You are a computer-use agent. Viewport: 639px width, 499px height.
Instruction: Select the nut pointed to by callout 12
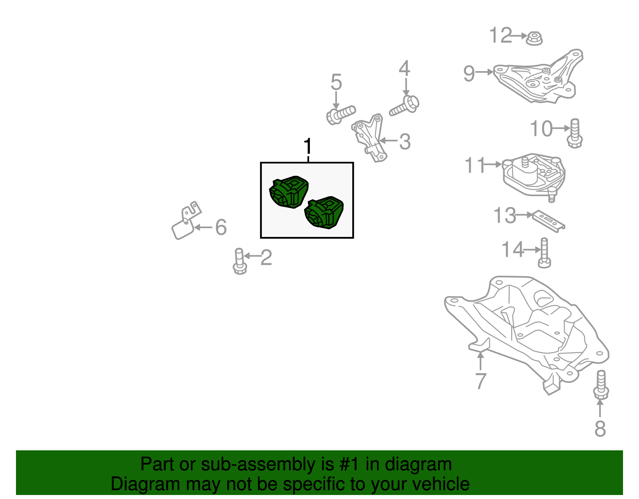click(x=534, y=38)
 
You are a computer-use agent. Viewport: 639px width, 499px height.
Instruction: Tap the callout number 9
click(x=469, y=73)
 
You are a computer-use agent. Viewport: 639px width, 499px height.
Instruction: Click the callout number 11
click(x=474, y=165)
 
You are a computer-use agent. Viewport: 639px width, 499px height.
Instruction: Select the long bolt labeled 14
click(x=544, y=252)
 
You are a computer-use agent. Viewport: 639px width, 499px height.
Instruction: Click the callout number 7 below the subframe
click(x=480, y=380)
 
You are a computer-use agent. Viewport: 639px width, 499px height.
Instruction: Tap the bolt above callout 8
click(x=601, y=385)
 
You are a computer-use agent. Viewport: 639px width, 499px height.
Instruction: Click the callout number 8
click(x=600, y=428)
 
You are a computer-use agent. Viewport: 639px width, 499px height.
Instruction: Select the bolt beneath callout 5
click(x=341, y=115)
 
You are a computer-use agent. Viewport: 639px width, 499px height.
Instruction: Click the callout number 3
click(x=405, y=141)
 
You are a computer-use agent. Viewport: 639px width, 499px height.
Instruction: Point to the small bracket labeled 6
click(x=186, y=221)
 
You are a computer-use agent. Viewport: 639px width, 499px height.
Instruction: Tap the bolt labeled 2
click(x=240, y=261)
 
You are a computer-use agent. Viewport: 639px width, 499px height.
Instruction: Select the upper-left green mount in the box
click(x=289, y=192)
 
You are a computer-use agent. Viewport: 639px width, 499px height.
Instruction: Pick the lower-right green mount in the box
click(x=324, y=212)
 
